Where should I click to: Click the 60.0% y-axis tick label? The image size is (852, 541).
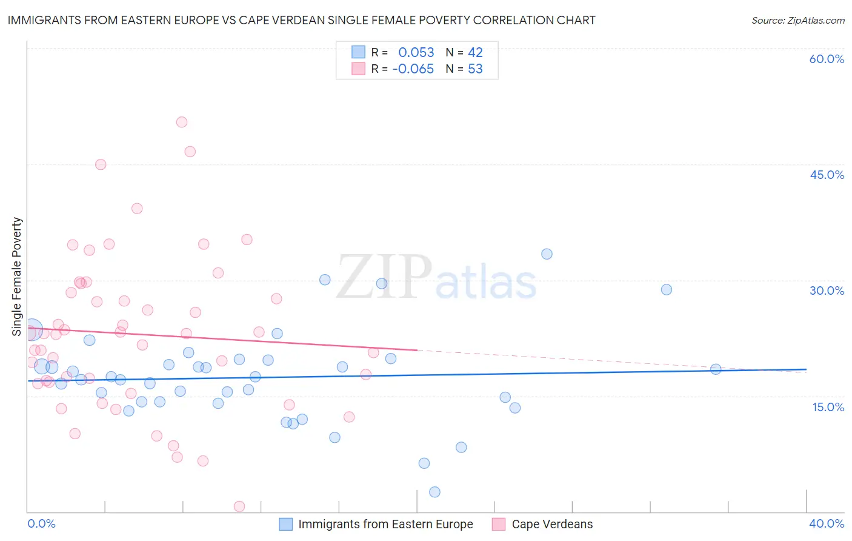827,59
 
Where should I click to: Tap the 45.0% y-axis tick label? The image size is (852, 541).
827,175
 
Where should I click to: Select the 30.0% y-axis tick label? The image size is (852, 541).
827,291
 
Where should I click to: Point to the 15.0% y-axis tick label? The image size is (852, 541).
828,406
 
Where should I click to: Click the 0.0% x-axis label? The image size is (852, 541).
41,523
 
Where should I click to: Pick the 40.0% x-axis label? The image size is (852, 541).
827,523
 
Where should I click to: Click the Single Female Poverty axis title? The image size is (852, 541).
17,277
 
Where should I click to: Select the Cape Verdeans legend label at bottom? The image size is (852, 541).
552,524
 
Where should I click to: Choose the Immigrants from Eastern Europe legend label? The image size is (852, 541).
385,524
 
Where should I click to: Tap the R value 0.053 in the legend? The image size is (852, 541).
416,53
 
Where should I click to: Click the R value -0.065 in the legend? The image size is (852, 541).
413,69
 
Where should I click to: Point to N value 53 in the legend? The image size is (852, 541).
475,69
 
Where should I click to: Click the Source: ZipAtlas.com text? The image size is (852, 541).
797,21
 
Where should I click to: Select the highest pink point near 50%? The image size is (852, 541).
182,122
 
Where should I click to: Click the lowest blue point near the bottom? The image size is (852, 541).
434,492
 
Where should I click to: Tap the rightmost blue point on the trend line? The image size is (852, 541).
716,369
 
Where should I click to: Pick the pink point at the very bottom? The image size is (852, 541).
239,506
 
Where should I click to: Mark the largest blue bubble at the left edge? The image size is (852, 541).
32,329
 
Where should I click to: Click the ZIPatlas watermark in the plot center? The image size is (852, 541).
436,278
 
